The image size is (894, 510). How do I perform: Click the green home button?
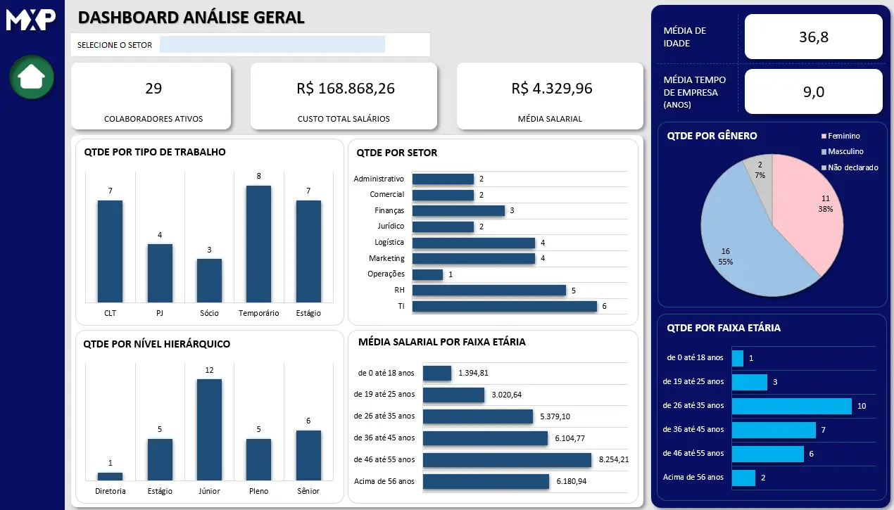(x=32, y=77)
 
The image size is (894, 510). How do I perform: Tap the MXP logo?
(x=31, y=19)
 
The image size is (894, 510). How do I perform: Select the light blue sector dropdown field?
(x=272, y=45)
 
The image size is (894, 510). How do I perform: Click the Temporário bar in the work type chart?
(x=258, y=243)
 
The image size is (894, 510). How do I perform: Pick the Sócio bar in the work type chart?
(x=209, y=281)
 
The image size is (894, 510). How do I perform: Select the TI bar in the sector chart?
(x=504, y=306)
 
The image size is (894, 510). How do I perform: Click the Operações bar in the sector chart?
(x=427, y=274)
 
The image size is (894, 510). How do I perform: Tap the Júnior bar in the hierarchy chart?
(x=209, y=429)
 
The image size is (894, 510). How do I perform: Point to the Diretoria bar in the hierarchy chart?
(x=110, y=476)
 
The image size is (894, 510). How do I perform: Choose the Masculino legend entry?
(x=845, y=152)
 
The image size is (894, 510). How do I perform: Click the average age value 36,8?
(x=813, y=37)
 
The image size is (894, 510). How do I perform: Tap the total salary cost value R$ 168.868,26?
(x=345, y=89)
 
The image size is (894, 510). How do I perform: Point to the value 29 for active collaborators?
(x=153, y=89)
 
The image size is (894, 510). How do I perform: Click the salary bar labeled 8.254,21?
(x=507, y=459)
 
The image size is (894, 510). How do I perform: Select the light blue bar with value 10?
(x=791, y=406)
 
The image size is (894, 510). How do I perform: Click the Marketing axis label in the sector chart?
(x=386, y=258)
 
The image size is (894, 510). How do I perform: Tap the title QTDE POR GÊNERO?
(x=712, y=136)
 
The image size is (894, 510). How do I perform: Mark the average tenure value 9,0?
(x=813, y=91)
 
